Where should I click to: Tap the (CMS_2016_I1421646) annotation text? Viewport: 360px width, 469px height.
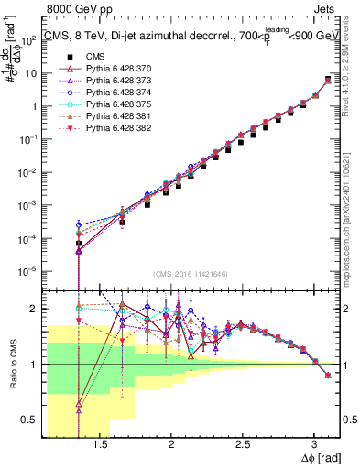point(191,274)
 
